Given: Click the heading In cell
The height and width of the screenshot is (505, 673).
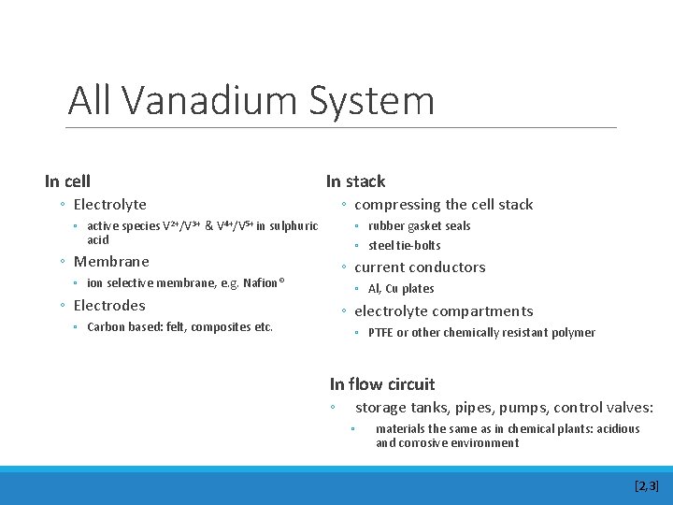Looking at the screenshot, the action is pyautogui.click(x=67, y=180).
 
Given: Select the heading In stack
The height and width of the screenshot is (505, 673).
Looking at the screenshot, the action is pyautogui.click(x=355, y=181).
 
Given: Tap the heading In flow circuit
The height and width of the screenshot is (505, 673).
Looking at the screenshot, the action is pyautogui.click(x=382, y=384).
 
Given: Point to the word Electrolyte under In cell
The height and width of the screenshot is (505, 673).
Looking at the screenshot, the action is pyautogui.click(x=109, y=205).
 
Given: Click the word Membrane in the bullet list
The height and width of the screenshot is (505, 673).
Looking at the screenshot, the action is pyautogui.click(x=111, y=262).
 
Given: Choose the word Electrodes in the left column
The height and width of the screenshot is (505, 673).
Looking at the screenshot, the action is pyautogui.click(x=109, y=306).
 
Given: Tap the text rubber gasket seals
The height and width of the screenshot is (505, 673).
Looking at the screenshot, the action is pyautogui.click(x=419, y=226).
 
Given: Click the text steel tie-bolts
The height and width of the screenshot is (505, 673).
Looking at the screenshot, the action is pyautogui.click(x=404, y=246).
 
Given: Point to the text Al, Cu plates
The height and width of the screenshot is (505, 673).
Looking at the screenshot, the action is pyautogui.click(x=401, y=289).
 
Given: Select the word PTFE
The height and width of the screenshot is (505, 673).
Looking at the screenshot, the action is pyautogui.click(x=380, y=333).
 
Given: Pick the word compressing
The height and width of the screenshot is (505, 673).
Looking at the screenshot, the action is pyautogui.click(x=396, y=205).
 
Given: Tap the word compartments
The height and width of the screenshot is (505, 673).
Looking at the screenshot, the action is pyautogui.click(x=485, y=311).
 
